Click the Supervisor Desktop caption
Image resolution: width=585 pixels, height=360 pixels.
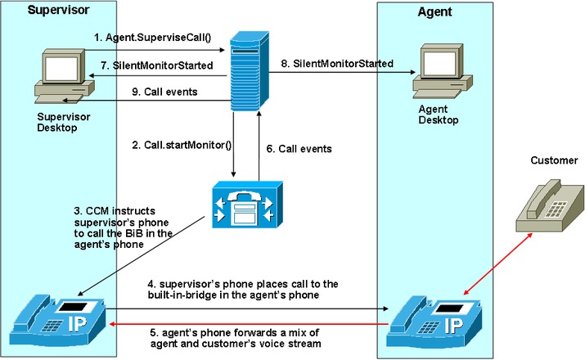pos(65,122)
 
